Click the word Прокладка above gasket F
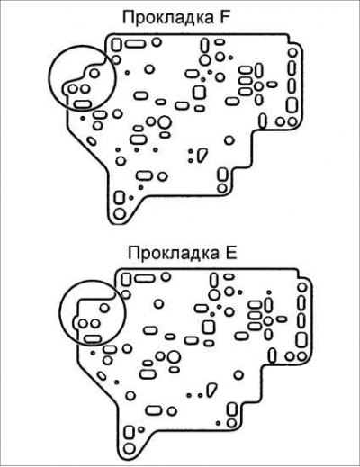coord(167,18)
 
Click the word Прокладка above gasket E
coord(174,254)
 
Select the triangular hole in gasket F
coord(202,155)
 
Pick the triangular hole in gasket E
coord(211,389)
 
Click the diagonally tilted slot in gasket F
coord(92,141)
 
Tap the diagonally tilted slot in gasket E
coord(102,376)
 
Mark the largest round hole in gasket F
coord(164,122)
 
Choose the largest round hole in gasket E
coord(174,357)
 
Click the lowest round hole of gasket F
coord(120,214)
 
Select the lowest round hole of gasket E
coord(130,449)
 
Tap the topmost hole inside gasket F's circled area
coord(94,73)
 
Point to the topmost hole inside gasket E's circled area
coord(104,308)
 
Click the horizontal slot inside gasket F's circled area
coord(83,104)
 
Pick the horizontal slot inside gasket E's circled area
coord(93,339)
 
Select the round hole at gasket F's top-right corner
coord(292,53)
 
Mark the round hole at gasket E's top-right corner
coord(302,288)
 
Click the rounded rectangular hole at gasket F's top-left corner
coord(116,45)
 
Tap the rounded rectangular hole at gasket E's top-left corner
coord(126,280)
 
